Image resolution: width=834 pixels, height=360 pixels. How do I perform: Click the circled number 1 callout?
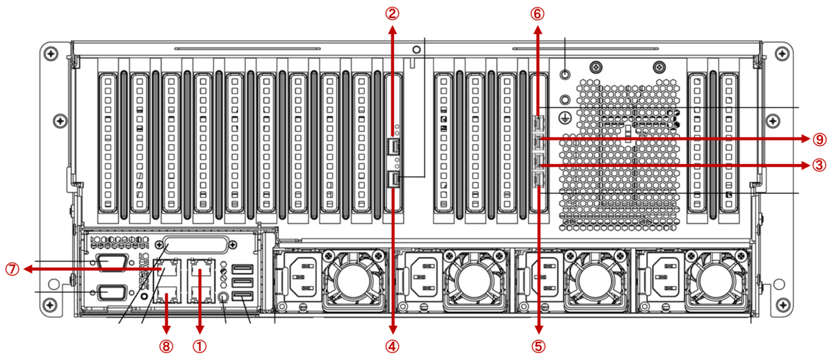pos(199,346)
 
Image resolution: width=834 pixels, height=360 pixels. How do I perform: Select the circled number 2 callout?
pos(392,14)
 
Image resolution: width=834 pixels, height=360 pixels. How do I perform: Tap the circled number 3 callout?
pos(819,165)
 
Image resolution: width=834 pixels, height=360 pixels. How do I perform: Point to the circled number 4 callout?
pos(392,346)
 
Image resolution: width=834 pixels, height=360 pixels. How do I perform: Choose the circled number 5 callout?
pos(539,346)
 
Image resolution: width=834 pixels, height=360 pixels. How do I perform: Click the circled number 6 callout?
pos(537,14)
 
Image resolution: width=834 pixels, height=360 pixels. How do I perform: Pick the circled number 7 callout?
pos(13,269)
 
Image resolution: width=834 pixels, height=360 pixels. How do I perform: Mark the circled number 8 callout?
pos(166,346)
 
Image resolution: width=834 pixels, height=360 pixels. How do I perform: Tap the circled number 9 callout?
pos(819,139)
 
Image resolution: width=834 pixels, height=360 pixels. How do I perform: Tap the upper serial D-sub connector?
pos(113,262)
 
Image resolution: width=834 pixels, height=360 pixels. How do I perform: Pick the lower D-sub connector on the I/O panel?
pos(113,293)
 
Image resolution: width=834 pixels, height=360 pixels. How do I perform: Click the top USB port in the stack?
pos(243,269)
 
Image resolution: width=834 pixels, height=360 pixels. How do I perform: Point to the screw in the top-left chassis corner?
pos(51,54)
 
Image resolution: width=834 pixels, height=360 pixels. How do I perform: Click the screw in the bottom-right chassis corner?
pos(783,305)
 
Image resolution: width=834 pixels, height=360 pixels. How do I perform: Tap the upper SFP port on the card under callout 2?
pos(394,147)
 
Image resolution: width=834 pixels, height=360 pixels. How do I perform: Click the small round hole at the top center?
pos(416,49)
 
